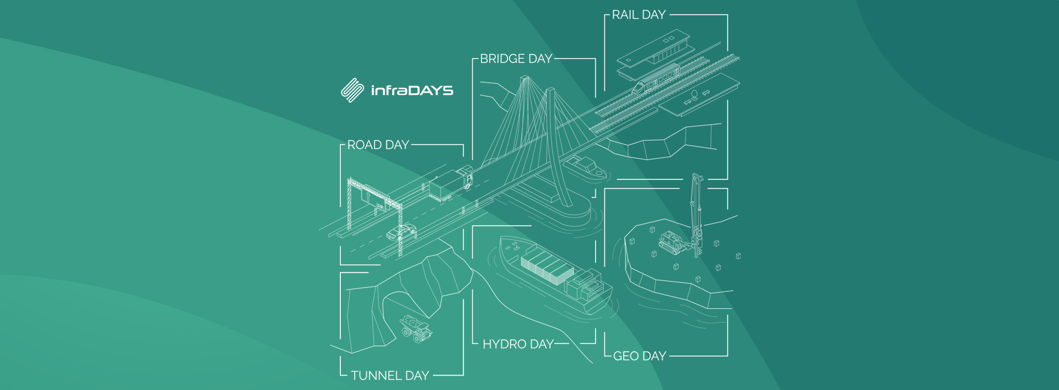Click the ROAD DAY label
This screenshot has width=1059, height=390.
(x=378, y=145)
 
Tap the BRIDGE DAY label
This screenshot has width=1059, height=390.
(x=516, y=59)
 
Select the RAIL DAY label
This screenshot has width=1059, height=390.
(x=639, y=15)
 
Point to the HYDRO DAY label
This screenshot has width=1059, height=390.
(x=518, y=344)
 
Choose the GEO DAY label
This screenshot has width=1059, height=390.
(x=640, y=356)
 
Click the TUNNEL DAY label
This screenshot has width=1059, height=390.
(x=390, y=376)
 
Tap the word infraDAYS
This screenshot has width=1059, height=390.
(x=412, y=90)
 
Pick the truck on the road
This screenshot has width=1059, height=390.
(x=451, y=183)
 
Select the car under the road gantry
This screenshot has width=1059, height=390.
(x=401, y=232)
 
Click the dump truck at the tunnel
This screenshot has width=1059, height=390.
(x=415, y=328)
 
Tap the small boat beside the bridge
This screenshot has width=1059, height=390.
(x=585, y=168)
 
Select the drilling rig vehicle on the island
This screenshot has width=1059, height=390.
(x=672, y=243)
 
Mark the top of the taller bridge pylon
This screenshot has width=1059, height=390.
(x=525, y=78)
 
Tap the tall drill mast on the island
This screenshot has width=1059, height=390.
(x=697, y=215)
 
